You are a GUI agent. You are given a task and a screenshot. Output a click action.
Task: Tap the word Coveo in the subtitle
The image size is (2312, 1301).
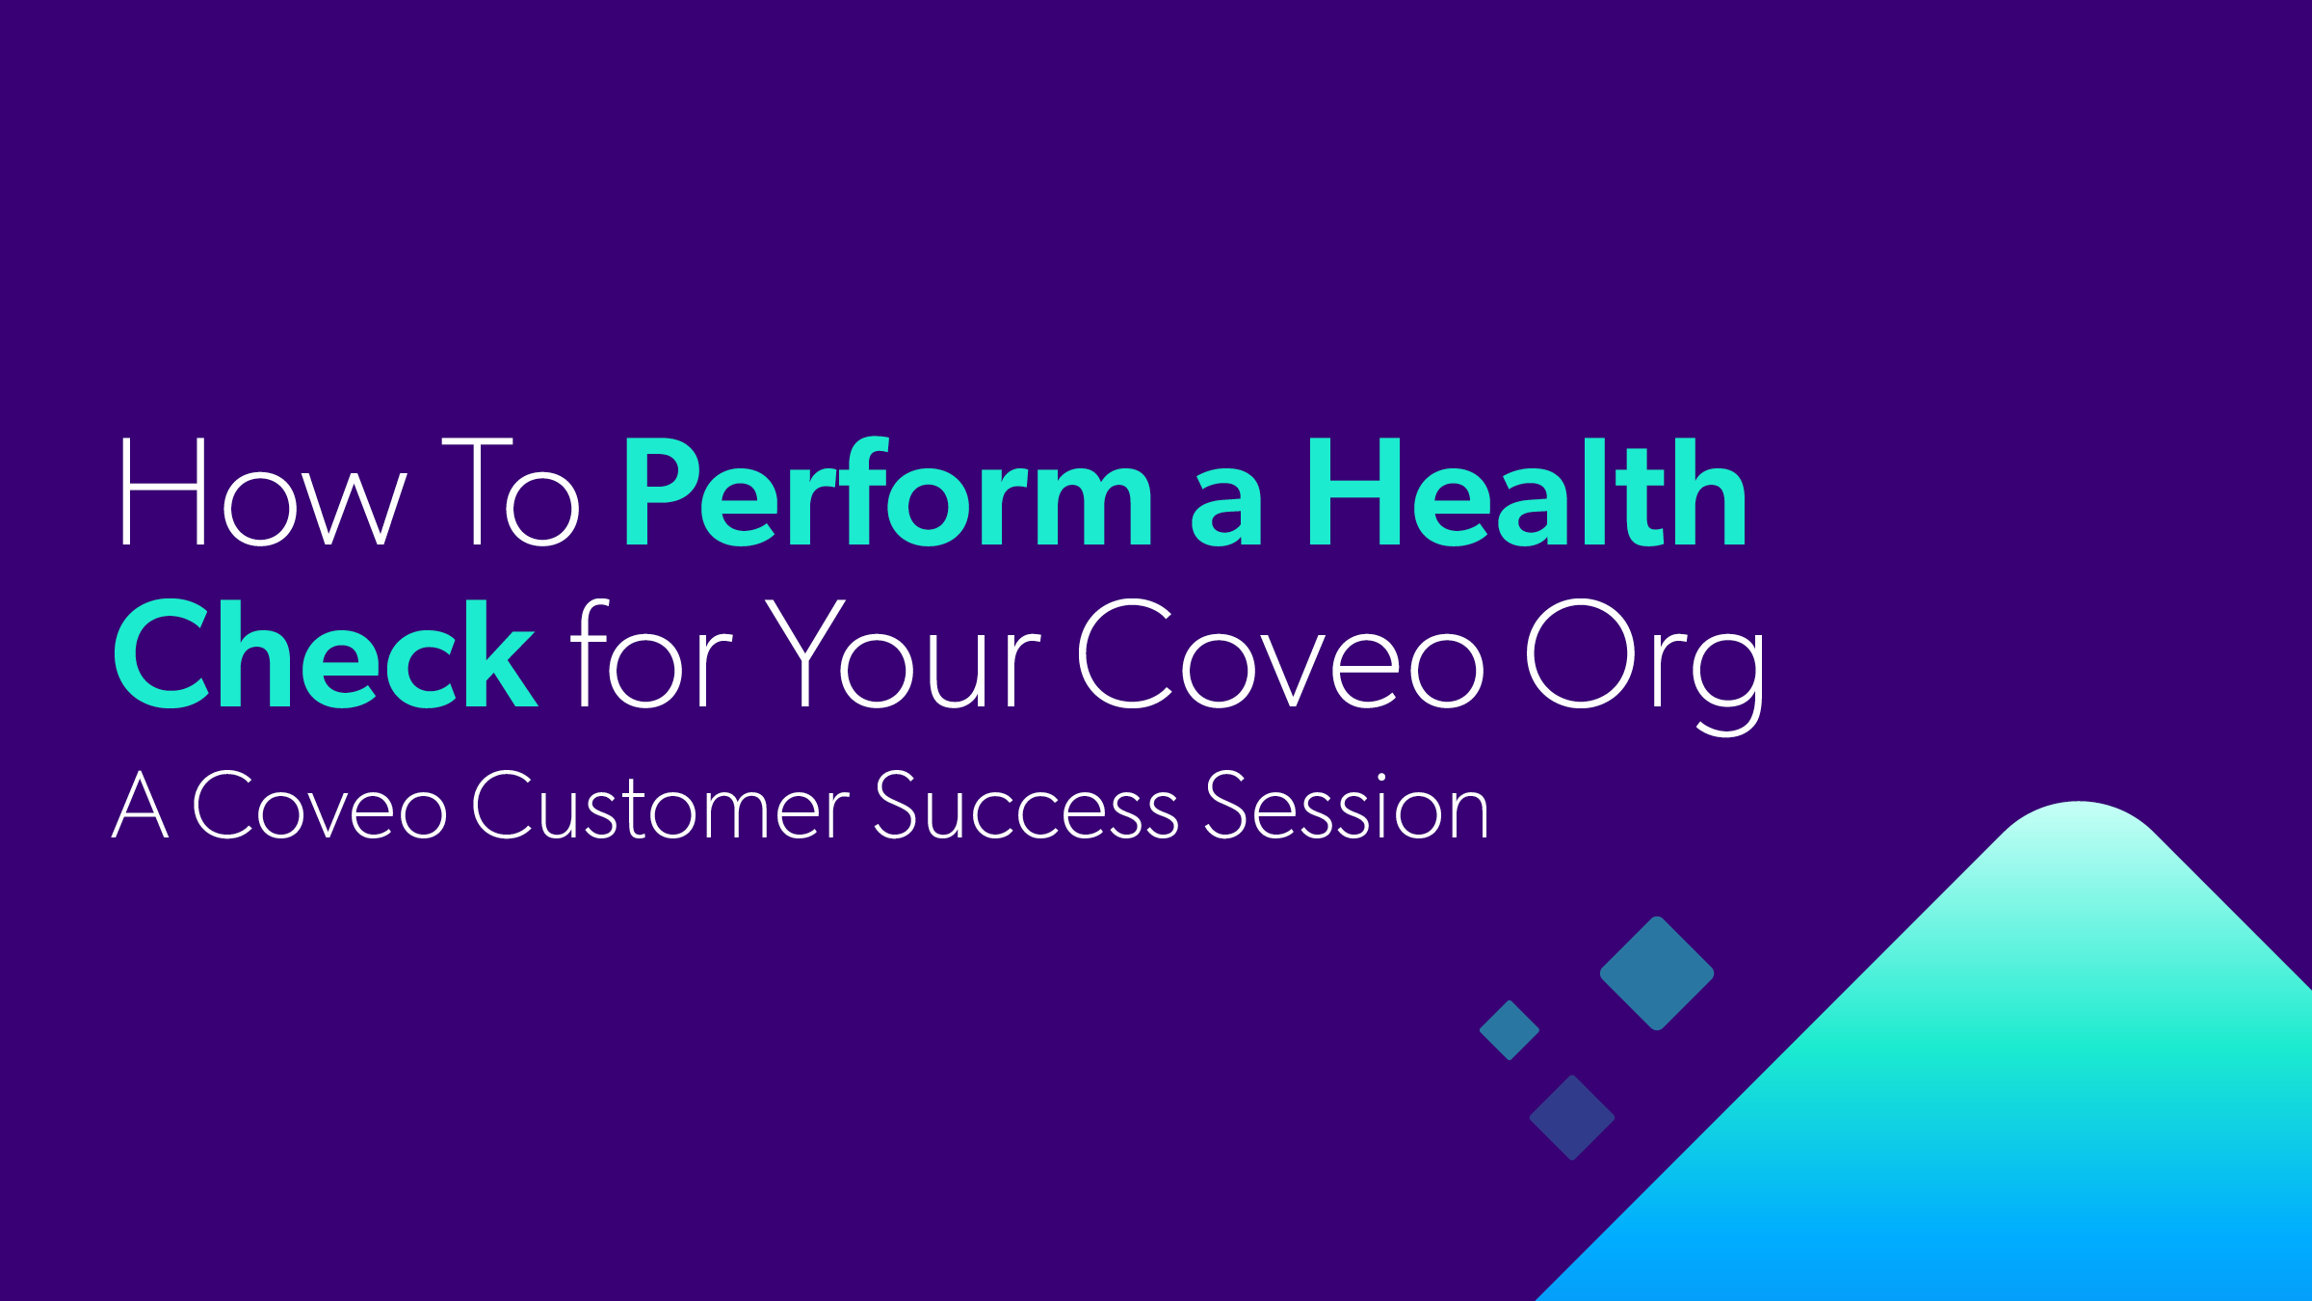[319, 808]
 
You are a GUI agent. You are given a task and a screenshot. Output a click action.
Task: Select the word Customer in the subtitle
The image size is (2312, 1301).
[660, 808]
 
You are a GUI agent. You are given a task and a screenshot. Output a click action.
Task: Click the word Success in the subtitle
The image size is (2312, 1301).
[1025, 808]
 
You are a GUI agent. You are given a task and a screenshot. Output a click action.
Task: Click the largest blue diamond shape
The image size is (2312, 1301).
[1657, 973]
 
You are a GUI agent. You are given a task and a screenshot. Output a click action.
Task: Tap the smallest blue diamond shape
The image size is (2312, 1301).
[1510, 1030]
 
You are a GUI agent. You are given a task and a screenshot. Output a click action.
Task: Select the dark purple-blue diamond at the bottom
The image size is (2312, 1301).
[1572, 1118]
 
